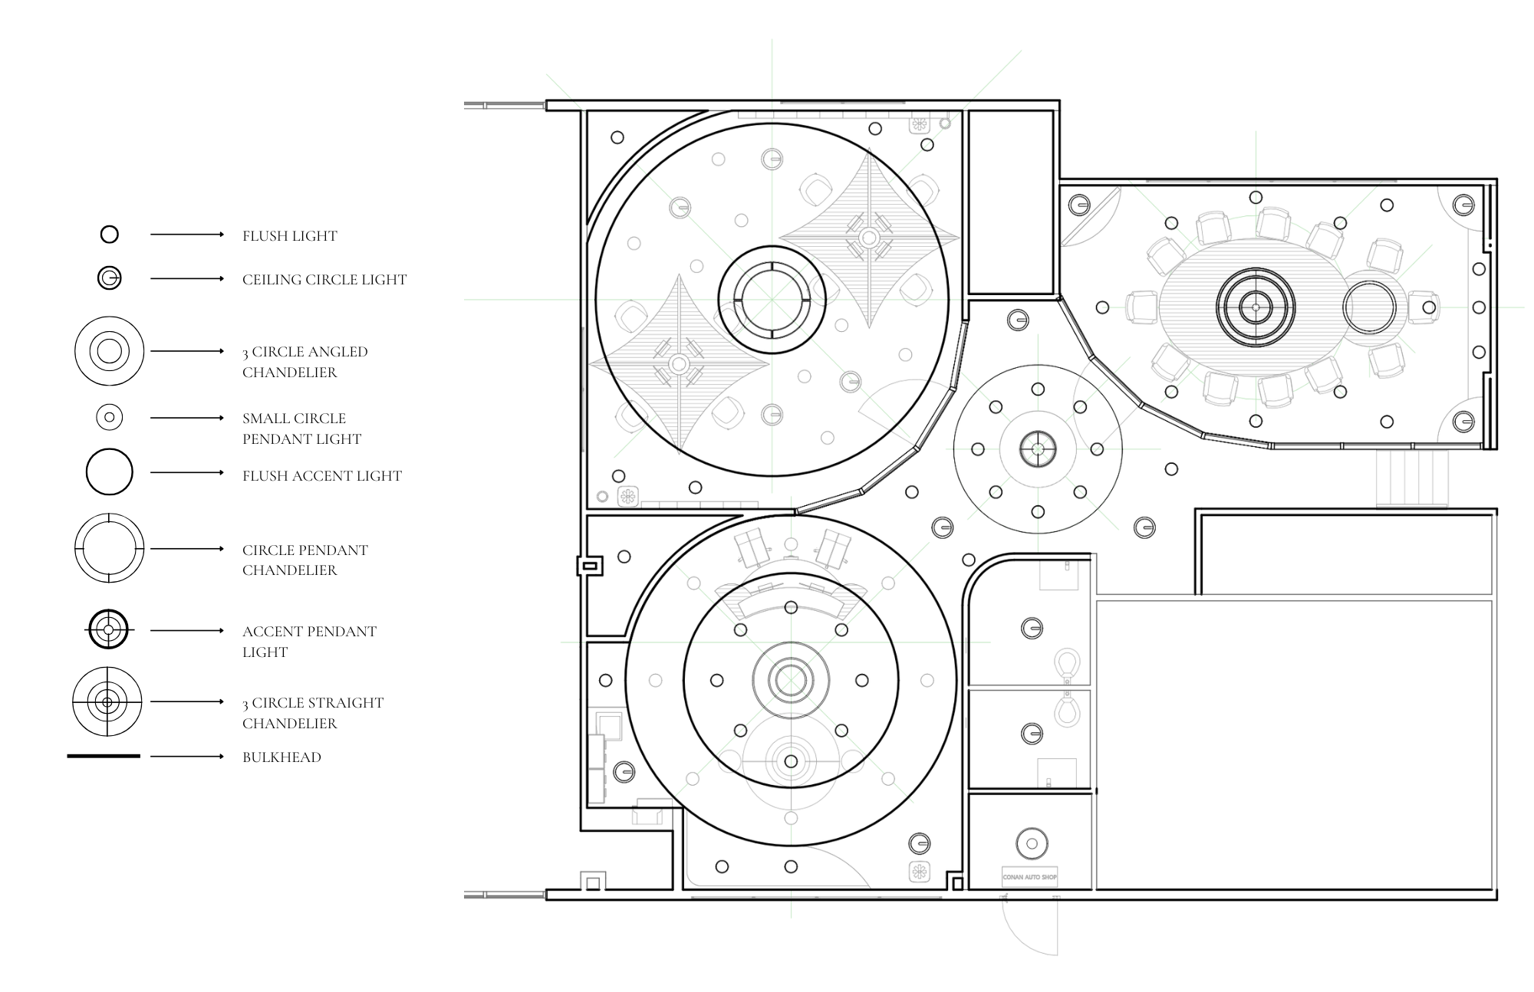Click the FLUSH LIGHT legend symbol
click(110, 235)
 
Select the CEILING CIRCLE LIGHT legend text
click(324, 280)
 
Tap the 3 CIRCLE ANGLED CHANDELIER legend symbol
click(110, 351)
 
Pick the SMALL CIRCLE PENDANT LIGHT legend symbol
click(110, 418)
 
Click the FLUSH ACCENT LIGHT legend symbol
click(110, 472)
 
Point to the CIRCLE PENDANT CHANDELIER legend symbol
click(110, 549)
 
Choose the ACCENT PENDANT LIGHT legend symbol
click(108, 630)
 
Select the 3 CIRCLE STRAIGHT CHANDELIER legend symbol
click(107, 701)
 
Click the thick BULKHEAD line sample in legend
click(104, 757)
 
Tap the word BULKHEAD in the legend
click(281, 757)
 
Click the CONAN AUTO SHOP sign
click(1029, 877)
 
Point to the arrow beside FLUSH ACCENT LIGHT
click(186, 473)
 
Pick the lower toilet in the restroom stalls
click(1066, 709)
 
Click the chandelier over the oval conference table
click(1256, 307)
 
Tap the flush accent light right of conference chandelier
click(1369, 307)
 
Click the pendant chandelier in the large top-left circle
click(772, 300)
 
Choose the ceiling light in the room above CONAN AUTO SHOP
click(1032, 844)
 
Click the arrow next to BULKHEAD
click(186, 757)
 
